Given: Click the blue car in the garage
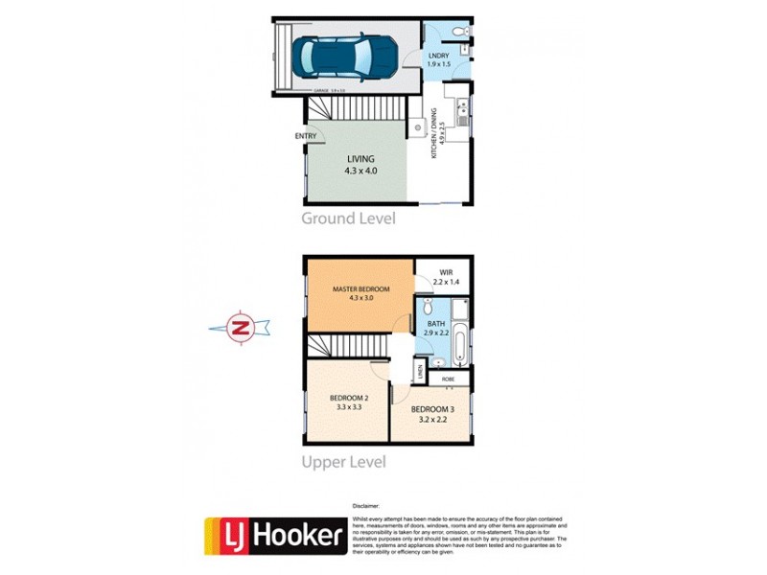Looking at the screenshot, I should pyautogui.click(x=343, y=57).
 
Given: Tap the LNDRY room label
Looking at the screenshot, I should pyautogui.click(x=438, y=57).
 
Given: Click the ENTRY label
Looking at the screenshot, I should pyautogui.click(x=306, y=136).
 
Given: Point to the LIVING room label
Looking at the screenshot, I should pyautogui.click(x=361, y=159).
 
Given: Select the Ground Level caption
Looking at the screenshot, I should pyautogui.click(x=348, y=218).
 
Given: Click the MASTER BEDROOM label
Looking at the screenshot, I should pyautogui.click(x=361, y=289).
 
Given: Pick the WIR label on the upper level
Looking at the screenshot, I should pyautogui.click(x=446, y=272).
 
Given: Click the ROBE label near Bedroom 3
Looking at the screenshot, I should pyautogui.click(x=448, y=379).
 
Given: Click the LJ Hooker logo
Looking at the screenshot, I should pyautogui.click(x=274, y=536).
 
